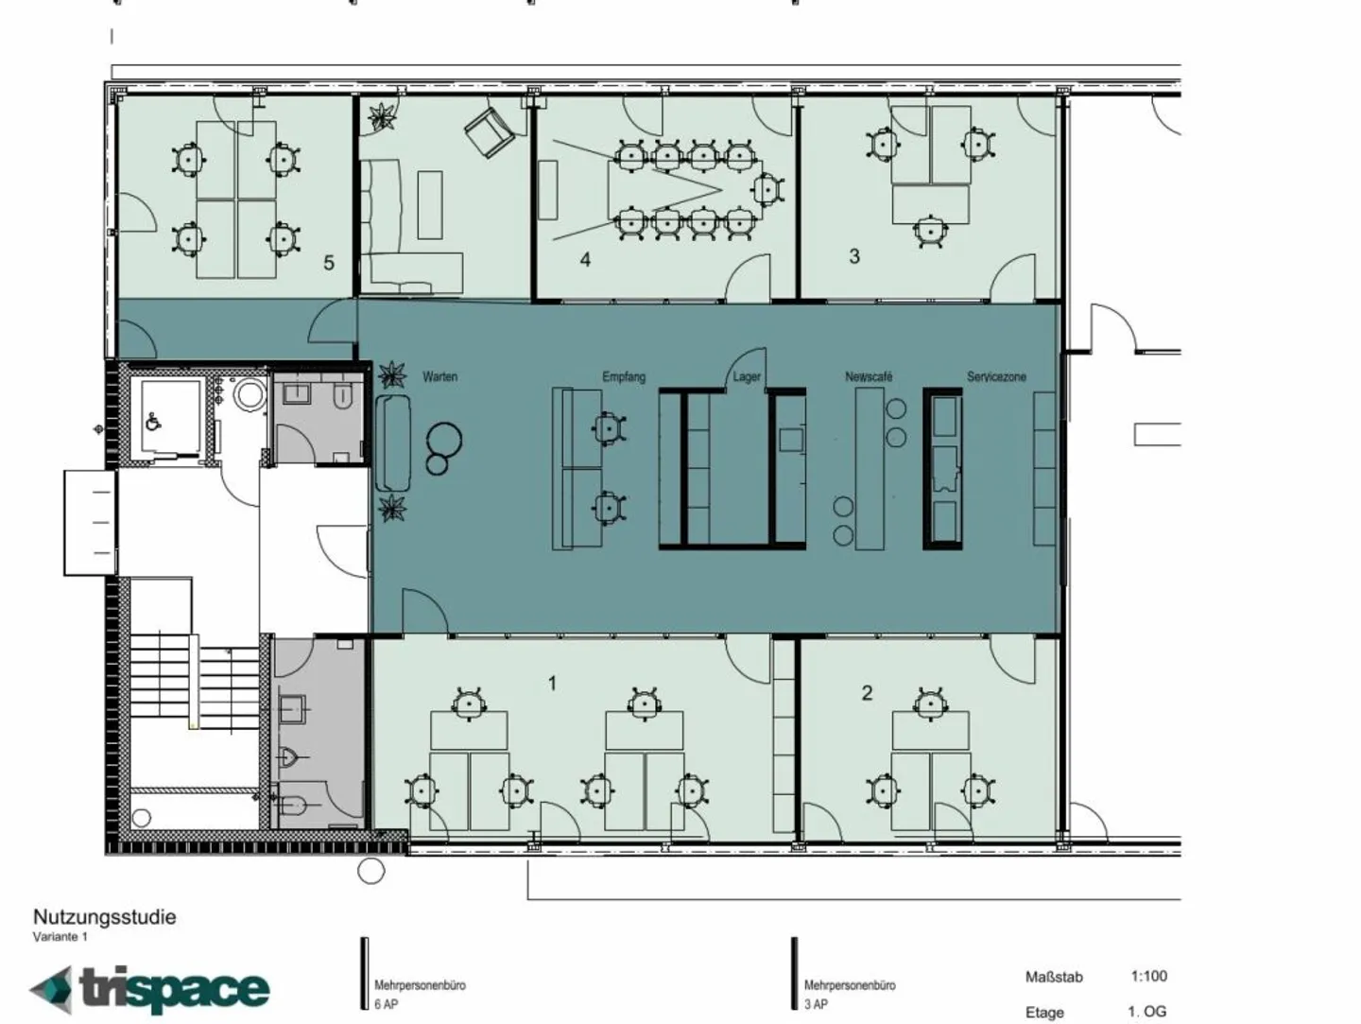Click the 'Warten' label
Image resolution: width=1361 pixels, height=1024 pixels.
439,376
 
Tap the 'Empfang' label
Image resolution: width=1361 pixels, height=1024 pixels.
624,376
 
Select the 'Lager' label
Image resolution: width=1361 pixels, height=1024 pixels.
747,377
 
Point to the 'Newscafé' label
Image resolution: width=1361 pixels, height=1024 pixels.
869,376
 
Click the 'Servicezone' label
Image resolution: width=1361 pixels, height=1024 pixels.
996,376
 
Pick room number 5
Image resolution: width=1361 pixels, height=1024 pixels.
329,263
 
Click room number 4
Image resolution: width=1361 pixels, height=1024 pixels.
585,260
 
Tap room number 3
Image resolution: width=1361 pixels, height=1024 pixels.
854,256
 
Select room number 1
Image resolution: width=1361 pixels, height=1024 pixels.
553,684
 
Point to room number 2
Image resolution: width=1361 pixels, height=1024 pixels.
867,693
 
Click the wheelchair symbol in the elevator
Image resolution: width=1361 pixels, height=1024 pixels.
153,423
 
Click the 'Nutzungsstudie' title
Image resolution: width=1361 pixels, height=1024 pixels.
104,917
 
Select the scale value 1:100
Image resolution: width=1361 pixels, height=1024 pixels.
1149,976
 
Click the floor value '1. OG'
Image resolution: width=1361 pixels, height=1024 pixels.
1147,1012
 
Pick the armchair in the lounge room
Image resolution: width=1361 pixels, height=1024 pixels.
490,132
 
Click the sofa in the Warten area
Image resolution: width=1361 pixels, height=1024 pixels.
392,443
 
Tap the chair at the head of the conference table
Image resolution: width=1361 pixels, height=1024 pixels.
767,188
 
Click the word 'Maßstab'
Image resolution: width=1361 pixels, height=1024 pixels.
1054,978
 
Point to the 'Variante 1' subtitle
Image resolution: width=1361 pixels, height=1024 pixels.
60,937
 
